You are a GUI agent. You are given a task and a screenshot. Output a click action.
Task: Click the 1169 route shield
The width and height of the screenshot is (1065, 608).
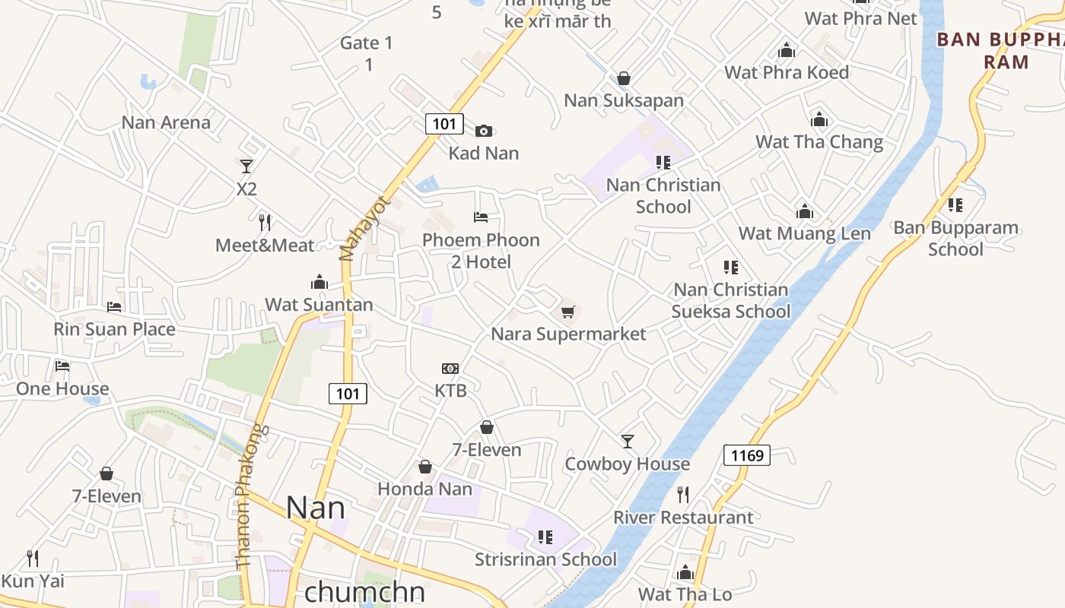[x=746, y=455]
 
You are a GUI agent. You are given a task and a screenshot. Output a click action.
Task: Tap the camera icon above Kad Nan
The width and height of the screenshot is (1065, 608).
[x=484, y=131]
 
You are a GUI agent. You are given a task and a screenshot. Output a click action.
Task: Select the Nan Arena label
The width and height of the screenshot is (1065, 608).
[x=166, y=122]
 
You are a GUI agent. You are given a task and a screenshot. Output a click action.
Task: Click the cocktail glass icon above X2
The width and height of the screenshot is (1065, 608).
[x=246, y=166]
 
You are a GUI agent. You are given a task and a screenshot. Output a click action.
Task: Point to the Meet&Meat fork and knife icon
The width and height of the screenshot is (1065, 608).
[x=265, y=222]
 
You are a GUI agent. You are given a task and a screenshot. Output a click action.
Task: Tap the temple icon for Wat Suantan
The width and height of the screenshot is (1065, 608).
[x=319, y=283]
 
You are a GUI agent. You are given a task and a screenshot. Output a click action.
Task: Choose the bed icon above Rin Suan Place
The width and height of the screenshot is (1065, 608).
[x=114, y=307]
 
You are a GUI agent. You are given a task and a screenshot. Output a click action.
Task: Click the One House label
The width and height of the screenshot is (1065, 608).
[x=62, y=389]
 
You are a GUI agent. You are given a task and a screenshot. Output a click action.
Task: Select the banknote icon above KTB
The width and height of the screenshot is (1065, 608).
[x=450, y=369]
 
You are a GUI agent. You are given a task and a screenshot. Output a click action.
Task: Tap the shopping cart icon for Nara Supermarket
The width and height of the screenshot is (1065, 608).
[x=567, y=312]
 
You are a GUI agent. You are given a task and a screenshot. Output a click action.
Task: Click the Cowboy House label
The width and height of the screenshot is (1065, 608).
[x=627, y=464]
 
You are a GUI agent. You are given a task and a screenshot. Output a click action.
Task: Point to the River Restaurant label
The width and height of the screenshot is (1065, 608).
[x=683, y=518]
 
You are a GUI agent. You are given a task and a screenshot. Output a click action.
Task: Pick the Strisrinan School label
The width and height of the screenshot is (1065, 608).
[x=545, y=560]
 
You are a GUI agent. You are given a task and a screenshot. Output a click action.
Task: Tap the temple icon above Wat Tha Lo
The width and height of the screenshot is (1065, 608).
[x=685, y=572]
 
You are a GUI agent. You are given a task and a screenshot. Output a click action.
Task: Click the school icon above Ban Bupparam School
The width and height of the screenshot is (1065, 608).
[x=955, y=205]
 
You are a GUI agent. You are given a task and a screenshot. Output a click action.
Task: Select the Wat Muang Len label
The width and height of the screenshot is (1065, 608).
[x=804, y=233]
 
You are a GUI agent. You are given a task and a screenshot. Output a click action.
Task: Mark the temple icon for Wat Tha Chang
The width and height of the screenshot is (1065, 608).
[x=819, y=120]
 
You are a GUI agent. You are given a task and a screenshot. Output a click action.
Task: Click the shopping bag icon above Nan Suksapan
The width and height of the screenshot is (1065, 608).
[x=624, y=78]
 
